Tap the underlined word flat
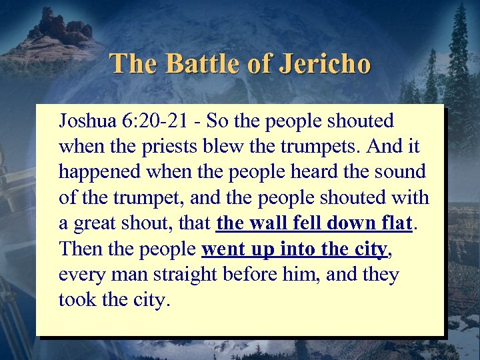pos(393,223)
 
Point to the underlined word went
pos(222,249)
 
